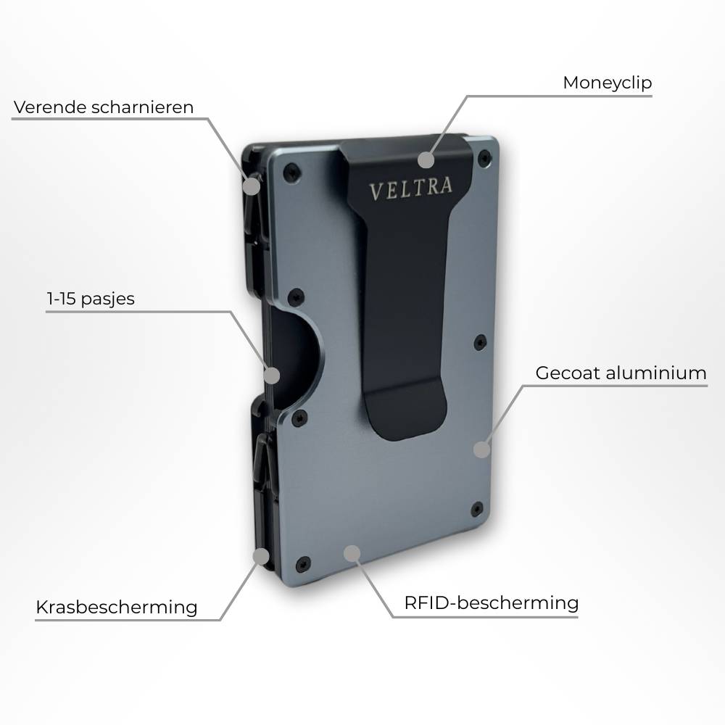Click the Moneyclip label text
(607, 83)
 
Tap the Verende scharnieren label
(104, 107)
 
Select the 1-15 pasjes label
(91, 299)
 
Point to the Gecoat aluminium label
(621, 373)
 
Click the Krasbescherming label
(116, 607)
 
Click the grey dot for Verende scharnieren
(251, 186)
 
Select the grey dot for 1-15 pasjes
(271, 376)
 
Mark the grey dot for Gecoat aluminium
(481, 449)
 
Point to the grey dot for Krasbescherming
(260, 557)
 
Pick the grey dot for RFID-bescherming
(352, 555)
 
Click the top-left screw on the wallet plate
(291, 170)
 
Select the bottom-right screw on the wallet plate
(476, 508)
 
